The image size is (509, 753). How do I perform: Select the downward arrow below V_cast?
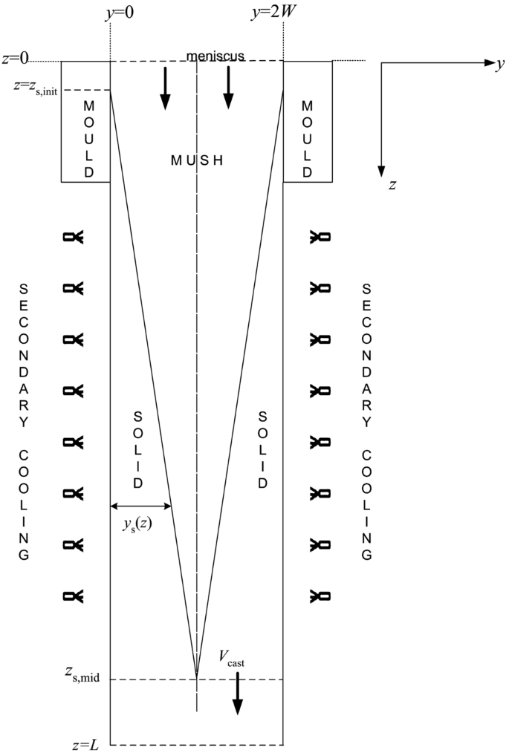[237, 694]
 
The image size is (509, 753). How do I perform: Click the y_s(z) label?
[138, 525]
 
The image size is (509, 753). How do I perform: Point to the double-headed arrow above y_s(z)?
[141, 506]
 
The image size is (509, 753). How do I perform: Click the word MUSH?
[197, 160]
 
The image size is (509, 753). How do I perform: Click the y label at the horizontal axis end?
[500, 65]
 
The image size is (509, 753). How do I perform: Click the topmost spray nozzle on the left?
[74, 237]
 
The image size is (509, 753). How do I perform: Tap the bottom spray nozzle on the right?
[320, 595]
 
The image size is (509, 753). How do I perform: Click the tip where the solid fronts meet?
[197, 676]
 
